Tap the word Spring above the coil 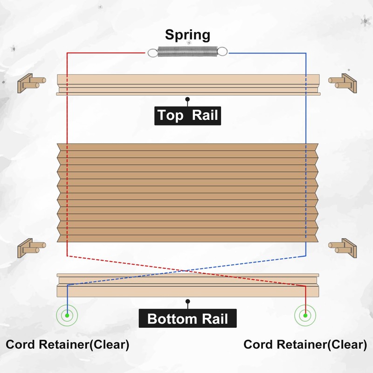[x=187, y=35]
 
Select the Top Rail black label [x=187, y=115]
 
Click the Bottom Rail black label [x=187, y=319]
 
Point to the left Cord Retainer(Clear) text [x=67, y=345]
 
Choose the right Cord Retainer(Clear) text [x=305, y=345]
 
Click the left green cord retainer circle [x=68, y=315]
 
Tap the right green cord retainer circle [x=305, y=315]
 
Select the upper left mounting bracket [x=31, y=83]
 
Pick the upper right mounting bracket [x=343, y=83]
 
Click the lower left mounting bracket [x=31, y=247]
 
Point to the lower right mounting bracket [x=343, y=247]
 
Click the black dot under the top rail [x=187, y=99]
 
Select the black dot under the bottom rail [x=187, y=302]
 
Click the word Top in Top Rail [x=170, y=115]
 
